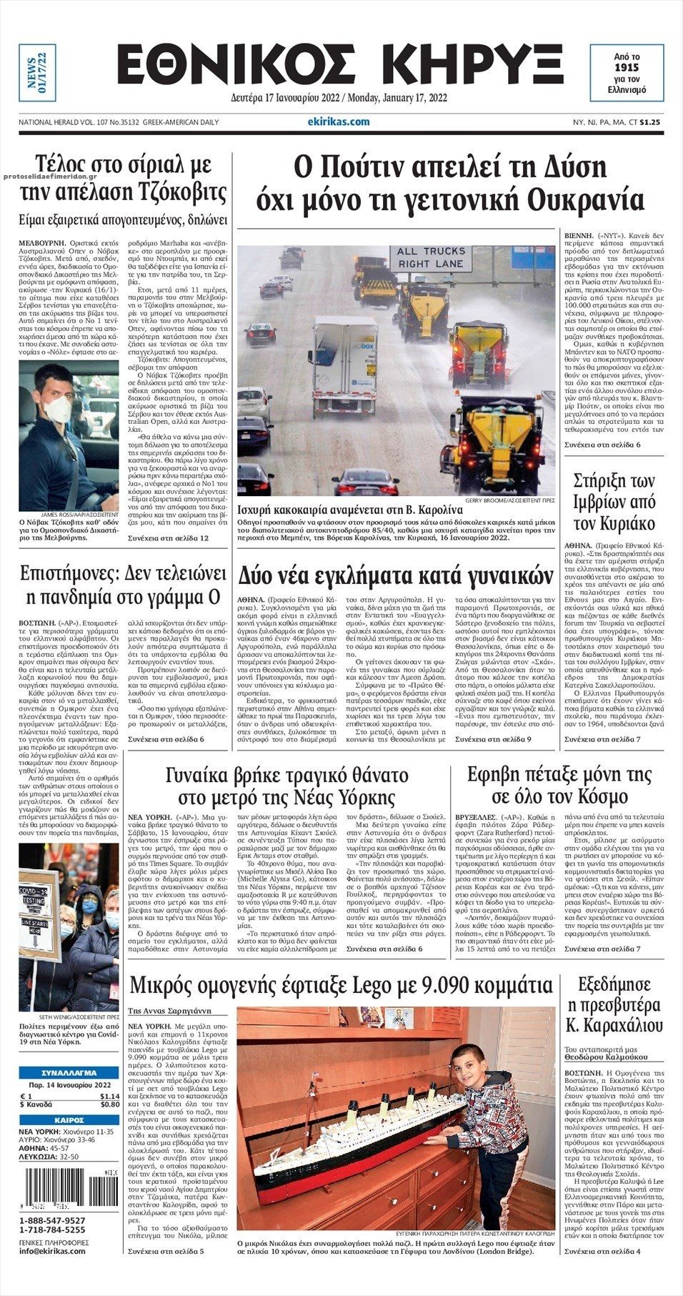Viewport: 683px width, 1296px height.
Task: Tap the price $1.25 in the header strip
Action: pyautogui.click(x=654, y=122)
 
